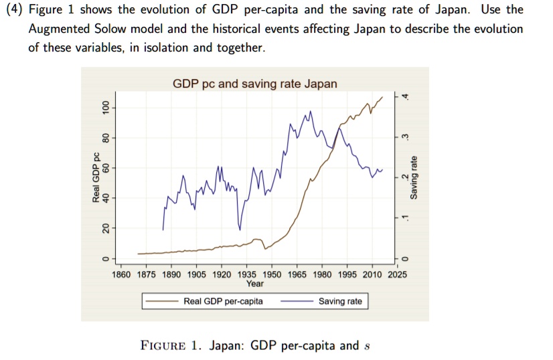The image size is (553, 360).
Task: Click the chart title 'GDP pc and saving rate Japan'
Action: tap(255, 84)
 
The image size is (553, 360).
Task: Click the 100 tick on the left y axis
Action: tap(104, 108)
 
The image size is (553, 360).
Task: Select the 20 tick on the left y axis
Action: tap(104, 228)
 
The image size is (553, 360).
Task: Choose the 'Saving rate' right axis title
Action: tap(414, 177)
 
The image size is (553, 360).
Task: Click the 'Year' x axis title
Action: tap(255, 284)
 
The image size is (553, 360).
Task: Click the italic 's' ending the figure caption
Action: tap(366, 347)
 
